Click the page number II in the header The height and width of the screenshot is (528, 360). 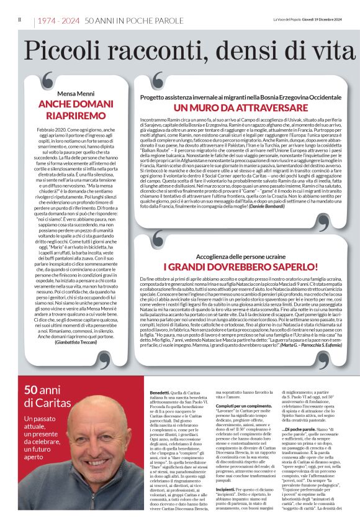point(19,20)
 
